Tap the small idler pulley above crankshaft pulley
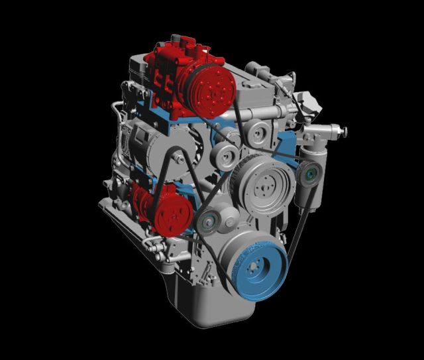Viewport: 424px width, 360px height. pos(210,222)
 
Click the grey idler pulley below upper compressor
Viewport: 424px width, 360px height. pos(226,158)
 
